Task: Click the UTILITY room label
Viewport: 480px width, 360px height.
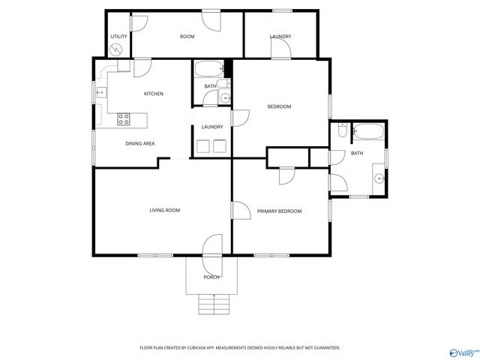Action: click(x=118, y=37)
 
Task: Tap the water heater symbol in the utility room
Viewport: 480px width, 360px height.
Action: click(x=116, y=49)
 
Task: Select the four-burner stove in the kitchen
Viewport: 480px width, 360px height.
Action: click(x=124, y=118)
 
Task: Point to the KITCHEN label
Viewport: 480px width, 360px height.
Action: click(x=154, y=94)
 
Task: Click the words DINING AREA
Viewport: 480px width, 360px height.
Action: click(x=139, y=142)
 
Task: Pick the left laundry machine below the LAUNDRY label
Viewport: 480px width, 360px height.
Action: click(x=202, y=146)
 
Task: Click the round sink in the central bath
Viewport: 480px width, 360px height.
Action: click(x=225, y=97)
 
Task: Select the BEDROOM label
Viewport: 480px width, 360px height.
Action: click(x=279, y=106)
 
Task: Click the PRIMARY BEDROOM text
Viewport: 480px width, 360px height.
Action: click(x=279, y=211)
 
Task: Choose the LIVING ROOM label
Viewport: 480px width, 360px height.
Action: click(x=165, y=210)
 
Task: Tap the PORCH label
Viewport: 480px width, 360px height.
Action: click(x=212, y=277)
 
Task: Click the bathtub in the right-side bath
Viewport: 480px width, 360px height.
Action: click(x=368, y=133)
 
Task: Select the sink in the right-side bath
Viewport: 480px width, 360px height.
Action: click(x=379, y=178)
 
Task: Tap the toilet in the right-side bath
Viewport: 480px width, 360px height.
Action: click(x=341, y=132)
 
